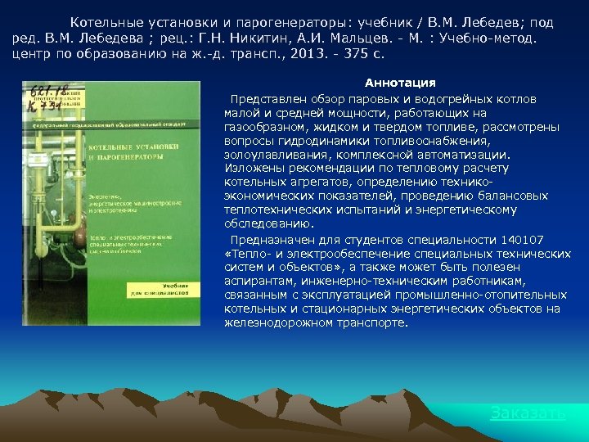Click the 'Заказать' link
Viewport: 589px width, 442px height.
(528, 413)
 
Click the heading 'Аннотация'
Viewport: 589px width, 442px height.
(400, 83)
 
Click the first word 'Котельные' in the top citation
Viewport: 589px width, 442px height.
(101, 22)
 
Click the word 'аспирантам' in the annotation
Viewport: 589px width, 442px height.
(254, 281)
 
